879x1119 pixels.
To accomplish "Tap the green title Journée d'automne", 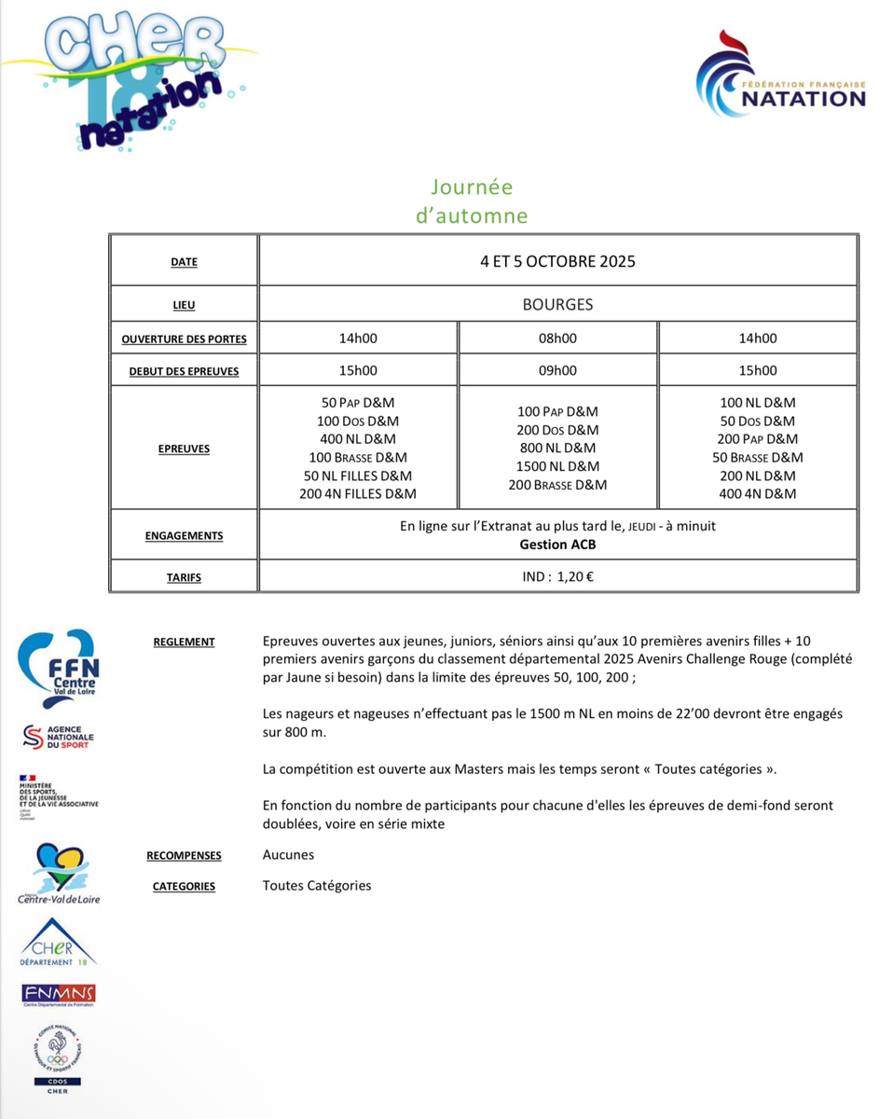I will pos(472,201).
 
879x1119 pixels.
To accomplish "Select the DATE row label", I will pos(185,262).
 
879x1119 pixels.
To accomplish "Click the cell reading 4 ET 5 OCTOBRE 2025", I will pos(557,261).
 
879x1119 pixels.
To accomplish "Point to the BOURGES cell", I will pos(557,304).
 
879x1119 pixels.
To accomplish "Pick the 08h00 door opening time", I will pos(557,338).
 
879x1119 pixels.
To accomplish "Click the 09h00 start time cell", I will pos(557,370).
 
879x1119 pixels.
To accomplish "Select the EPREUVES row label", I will pos(185,449).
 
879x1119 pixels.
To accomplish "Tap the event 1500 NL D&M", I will pos(557,466).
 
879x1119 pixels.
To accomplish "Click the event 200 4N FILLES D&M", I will pos(358,493).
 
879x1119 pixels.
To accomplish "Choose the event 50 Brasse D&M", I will pos(757,457).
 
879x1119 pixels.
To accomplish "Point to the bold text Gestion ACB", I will pos(557,545).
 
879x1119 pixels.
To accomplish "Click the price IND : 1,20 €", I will pos(557,576).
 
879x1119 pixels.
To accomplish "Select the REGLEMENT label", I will pos(185,642).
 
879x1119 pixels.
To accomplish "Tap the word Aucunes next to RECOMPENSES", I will pos(289,854).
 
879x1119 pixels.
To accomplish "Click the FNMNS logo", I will pos(59,994).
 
